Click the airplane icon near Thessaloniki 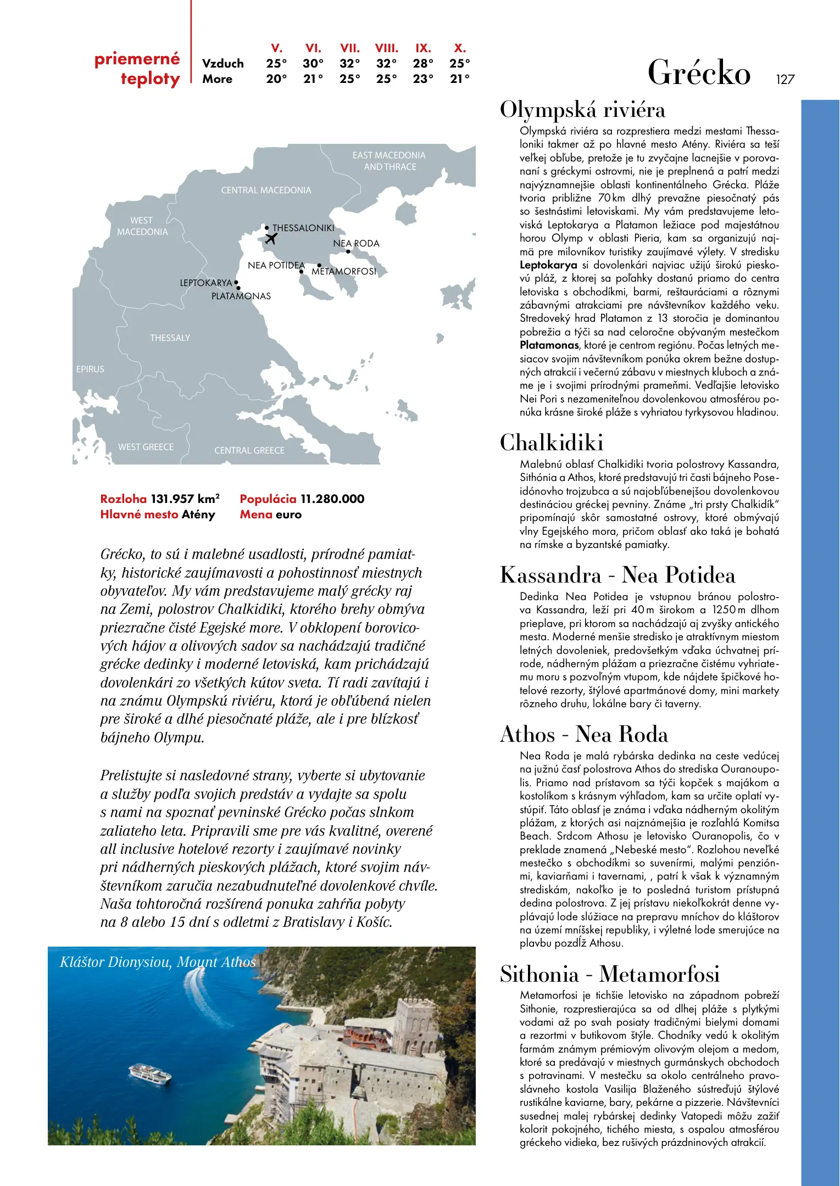click(271, 239)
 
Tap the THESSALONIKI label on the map click(303, 228)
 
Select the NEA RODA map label click(356, 243)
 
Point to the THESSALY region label click(170, 338)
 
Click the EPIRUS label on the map click(90, 369)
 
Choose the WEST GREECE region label click(146, 447)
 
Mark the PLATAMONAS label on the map click(241, 296)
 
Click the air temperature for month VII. click(349, 64)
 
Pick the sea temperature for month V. click(276, 79)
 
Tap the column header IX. click(423, 48)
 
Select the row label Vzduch click(222, 64)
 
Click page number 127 click(785, 80)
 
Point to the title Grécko click(699, 73)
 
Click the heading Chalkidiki click(552, 443)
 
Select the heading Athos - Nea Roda click(584, 735)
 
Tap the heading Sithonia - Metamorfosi click(610, 974)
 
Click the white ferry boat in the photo click(150, 1074)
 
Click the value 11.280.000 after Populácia click(332, 499)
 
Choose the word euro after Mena click(288, 514)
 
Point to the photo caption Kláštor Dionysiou click(157, 963)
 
